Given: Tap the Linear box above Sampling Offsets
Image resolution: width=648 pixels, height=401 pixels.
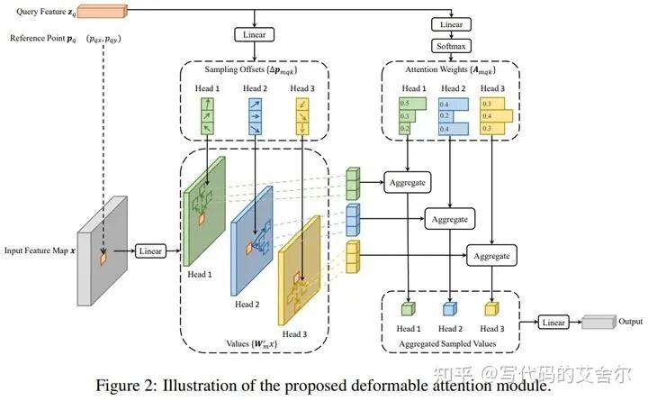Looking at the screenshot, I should coord(256,34).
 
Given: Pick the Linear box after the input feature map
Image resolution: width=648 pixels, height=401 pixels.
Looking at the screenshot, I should coord(151,251).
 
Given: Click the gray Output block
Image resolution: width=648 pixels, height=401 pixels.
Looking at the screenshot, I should coord(598,322).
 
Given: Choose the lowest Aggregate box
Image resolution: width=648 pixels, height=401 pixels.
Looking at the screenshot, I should coord(490,256).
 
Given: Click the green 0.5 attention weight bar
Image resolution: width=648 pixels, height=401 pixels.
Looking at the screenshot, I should coord(413,104).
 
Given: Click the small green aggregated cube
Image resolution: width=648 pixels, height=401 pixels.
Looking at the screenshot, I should coord(409,310).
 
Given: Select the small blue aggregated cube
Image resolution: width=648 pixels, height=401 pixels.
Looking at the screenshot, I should coord(450,310).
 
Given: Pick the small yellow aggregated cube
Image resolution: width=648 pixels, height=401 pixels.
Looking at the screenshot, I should coord(491,310).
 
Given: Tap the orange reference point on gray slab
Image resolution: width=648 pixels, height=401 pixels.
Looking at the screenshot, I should coord(104,260).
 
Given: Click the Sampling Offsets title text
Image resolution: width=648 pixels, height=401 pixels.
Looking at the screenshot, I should coord(256,69).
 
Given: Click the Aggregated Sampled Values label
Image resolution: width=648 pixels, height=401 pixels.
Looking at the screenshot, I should coord(448,343).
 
